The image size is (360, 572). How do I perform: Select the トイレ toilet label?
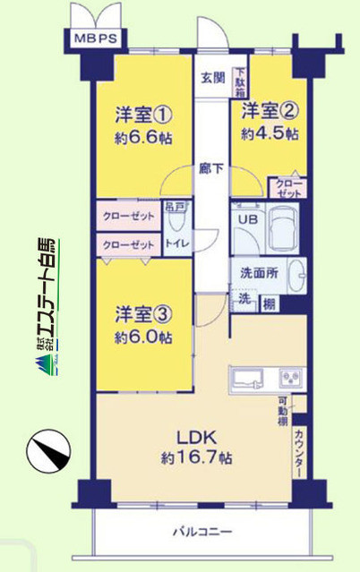175,242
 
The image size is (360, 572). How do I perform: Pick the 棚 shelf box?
268,303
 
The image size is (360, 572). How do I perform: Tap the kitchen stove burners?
292,377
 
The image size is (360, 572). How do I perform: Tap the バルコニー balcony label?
202,534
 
